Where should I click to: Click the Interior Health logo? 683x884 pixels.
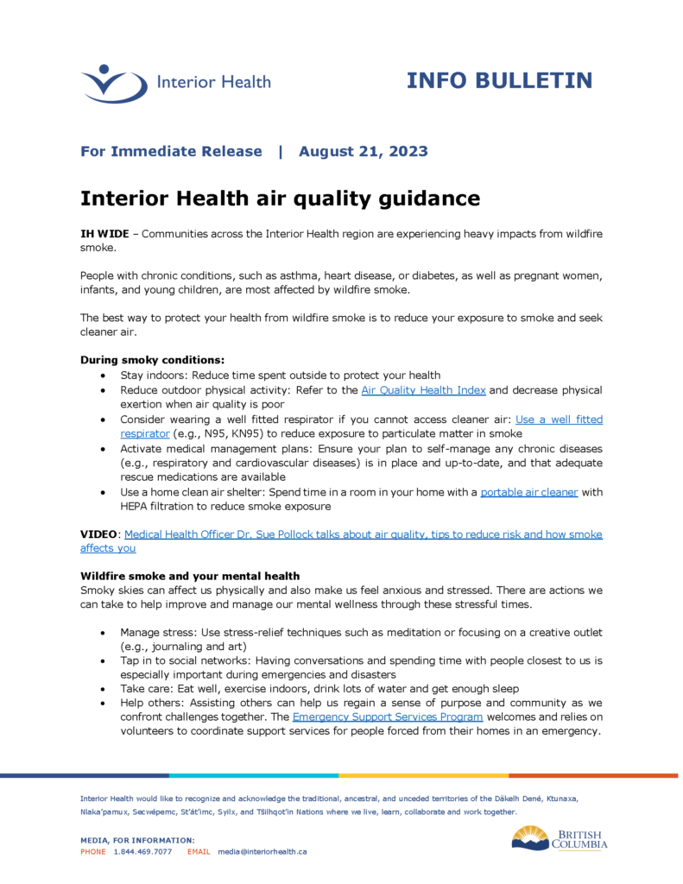175,83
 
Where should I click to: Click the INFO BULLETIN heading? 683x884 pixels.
499,80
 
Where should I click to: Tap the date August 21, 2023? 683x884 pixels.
363,151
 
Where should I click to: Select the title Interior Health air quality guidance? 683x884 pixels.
280,198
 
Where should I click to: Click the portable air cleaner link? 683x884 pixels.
529,492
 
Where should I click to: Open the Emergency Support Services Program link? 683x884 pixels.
388,717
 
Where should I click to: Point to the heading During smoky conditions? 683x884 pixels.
152,359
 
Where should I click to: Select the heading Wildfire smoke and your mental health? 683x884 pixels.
190,576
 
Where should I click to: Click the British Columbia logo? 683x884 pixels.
560,838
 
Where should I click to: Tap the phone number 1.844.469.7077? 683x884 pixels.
142,851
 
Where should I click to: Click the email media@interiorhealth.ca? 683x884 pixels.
262,851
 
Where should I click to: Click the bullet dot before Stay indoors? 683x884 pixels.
104,376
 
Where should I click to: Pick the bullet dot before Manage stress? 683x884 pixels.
104,633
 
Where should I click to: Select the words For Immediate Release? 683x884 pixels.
171,151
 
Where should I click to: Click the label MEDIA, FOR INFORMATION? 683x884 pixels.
137,840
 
